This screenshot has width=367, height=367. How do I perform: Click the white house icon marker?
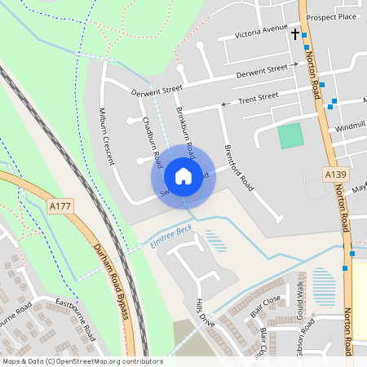tap(183, 175)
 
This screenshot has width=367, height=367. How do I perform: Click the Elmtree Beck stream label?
tap(170, 235)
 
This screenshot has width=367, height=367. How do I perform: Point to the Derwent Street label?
tap(157, 91)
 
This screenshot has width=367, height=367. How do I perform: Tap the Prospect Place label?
tap(333, 16)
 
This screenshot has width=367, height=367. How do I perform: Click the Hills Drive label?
tap(205, 312)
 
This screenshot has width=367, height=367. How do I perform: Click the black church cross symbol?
tap(295, 34)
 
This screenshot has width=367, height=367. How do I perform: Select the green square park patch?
tap(290, 136)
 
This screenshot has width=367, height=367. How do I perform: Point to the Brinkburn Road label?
tap(186, 130)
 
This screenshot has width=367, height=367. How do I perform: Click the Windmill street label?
tap(349, 126)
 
